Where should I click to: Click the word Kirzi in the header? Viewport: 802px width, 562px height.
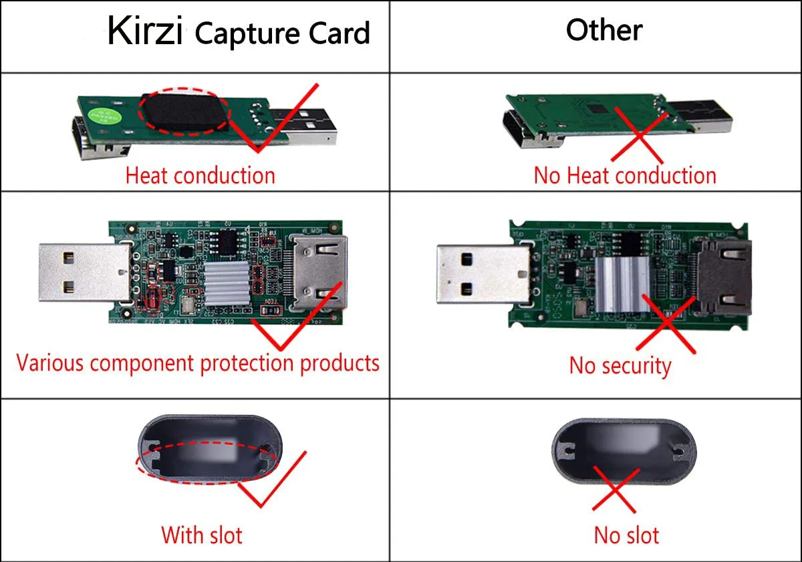pos(146,31)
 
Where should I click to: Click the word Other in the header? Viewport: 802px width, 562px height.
pos(604,30)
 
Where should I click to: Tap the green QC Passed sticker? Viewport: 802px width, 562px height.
pos(104,116)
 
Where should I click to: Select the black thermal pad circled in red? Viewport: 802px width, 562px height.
pos(184,112)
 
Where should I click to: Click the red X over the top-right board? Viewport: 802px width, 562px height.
pos(639,134)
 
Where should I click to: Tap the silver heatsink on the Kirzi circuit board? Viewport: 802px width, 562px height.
pos(226,283)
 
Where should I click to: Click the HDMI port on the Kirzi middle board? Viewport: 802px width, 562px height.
pos(319,272)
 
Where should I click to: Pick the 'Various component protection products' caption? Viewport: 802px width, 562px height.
pos(198,363)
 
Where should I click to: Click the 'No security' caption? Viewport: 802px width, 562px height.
pos(620,366)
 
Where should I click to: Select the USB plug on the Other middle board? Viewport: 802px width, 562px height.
pos(484,274)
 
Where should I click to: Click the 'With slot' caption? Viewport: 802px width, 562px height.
pos(202,535)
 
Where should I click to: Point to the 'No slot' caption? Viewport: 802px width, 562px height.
pos(626,535)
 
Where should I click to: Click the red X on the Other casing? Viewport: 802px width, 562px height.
pos(616,489)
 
